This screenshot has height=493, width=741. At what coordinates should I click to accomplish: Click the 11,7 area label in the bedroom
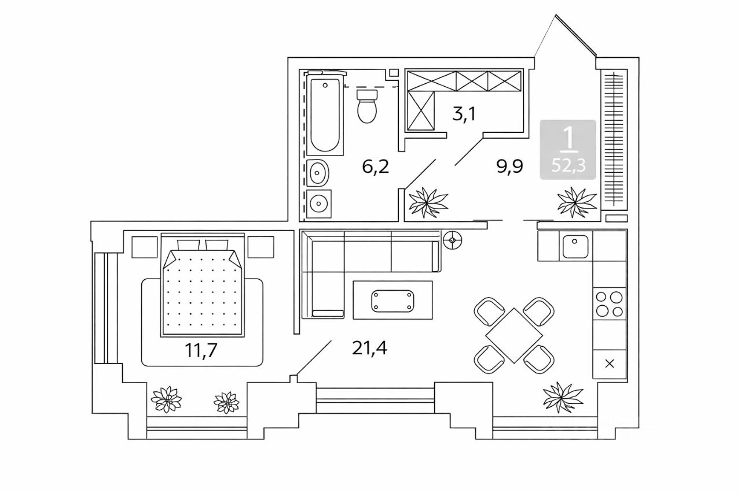[201, 350]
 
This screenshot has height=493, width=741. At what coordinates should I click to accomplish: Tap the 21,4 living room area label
[369, 348]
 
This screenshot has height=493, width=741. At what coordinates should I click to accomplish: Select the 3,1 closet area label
[464, 114]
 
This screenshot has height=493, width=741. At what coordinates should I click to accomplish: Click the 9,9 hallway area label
[510, 166]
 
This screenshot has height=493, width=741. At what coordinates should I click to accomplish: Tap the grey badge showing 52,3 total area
[568, 150]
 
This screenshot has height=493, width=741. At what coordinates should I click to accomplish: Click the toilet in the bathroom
[367, 106]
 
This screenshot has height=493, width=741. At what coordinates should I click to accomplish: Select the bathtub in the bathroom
[325, 114]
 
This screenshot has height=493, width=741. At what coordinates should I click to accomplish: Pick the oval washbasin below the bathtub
[318, 172]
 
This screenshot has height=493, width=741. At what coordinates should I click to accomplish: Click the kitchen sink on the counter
[575, 246]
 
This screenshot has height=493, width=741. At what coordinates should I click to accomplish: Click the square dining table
[514, 335]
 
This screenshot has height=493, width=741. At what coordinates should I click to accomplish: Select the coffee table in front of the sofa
[392, 300]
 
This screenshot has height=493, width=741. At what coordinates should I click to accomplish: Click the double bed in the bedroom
[203, 285]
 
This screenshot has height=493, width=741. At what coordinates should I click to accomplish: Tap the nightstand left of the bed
[145, 247]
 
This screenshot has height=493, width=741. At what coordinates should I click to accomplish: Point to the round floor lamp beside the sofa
[453, 240]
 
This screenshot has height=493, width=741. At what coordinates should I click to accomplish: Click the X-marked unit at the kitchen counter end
[610, 364]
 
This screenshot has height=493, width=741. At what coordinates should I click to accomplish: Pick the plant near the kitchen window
[563, 397]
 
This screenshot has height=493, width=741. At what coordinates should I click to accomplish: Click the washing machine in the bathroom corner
[319, 203]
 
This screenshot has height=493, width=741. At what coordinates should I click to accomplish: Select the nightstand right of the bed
[261, 247]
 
